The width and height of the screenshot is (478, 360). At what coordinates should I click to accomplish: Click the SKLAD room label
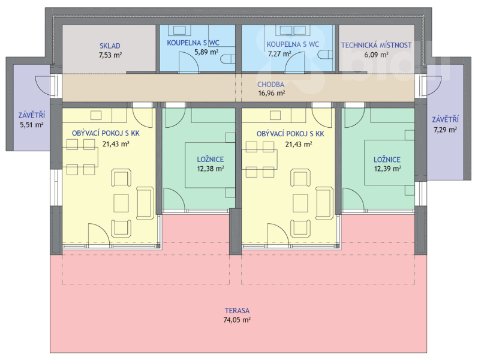click(110, 46)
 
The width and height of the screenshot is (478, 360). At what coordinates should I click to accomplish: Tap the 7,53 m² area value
click(110, 55)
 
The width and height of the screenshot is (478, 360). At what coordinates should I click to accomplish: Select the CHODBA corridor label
click(270, 85)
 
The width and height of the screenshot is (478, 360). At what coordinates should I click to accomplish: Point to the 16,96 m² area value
click(272, 93)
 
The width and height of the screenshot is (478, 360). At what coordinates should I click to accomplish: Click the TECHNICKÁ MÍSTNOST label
click(376, 45)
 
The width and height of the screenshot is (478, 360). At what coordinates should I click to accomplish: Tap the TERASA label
click(237, 311)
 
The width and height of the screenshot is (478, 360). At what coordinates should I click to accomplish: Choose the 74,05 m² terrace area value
click(237, 320)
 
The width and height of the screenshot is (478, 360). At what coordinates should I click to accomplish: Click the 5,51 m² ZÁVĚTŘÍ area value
click(32, 125)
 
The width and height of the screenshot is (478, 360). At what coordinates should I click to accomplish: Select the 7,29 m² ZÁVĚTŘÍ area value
click(446, 130)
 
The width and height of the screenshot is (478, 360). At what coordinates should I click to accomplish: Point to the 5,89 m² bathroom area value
click(206, 52)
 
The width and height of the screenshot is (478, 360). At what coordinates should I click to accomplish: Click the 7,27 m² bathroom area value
click(279, 54)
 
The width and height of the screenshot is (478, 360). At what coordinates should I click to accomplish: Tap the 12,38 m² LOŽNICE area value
click(211, 169)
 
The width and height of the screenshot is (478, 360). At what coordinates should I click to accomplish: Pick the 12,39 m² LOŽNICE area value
click(387, 169)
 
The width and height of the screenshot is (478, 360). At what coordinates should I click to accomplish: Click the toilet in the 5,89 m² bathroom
click(228, 59)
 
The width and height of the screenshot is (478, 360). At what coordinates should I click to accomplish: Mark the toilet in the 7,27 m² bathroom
click(326, 55)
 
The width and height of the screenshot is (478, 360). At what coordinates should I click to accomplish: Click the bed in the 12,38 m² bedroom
click(210, 165)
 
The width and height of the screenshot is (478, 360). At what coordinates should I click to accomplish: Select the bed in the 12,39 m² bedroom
click(389, 163)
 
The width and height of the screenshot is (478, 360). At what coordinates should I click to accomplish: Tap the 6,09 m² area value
click(376, 55)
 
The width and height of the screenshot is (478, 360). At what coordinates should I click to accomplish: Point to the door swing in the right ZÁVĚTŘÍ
click(432, 85)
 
